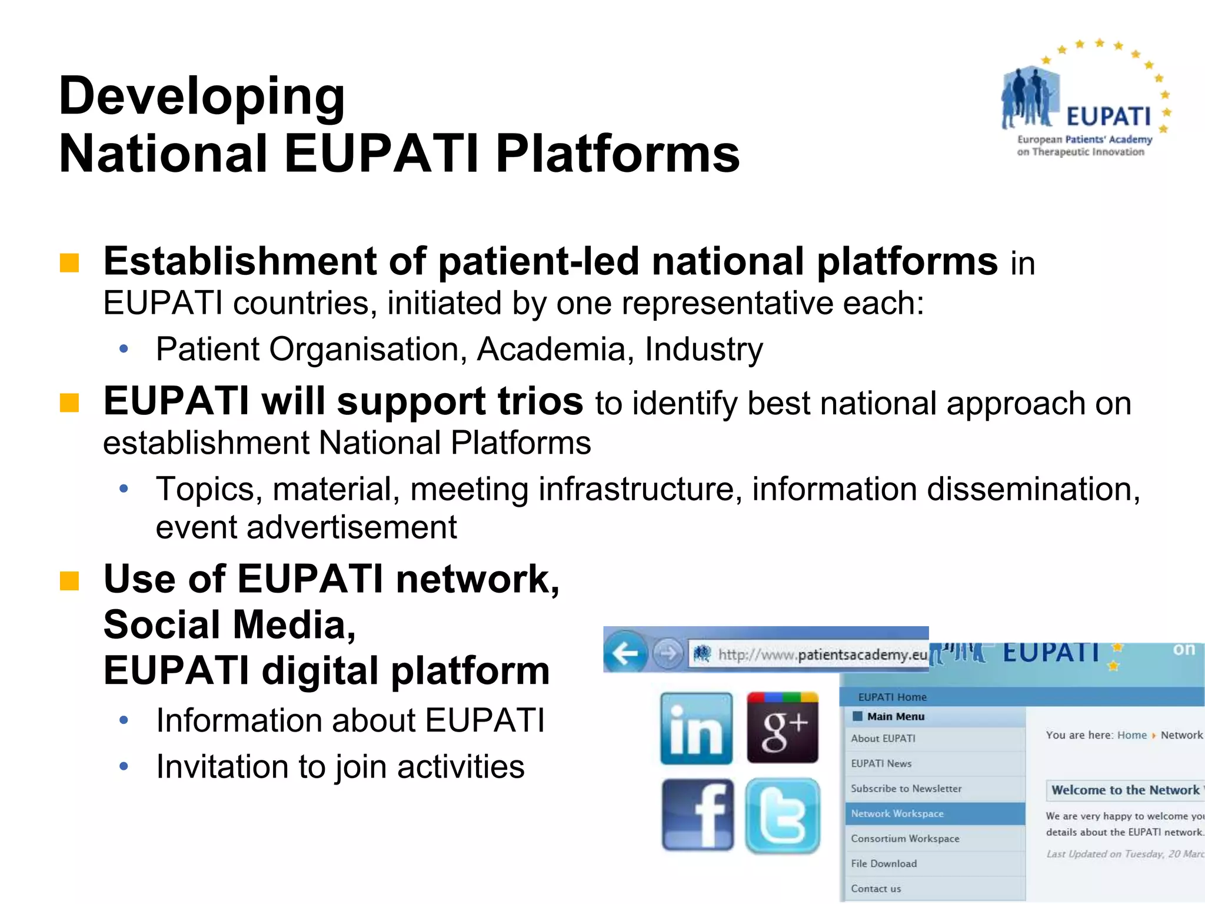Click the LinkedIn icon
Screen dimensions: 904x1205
click(696, 729)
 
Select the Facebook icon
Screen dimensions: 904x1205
click(697, 815)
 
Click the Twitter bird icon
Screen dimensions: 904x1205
click(783, 816)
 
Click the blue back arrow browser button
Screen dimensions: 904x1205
click(625, 652)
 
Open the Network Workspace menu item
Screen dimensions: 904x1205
click(897, 813)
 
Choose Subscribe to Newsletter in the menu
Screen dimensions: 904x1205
click(906, 788)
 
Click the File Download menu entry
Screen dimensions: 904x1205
click(883, 863)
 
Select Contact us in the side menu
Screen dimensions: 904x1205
click(876, 889)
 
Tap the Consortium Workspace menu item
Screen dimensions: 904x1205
click(904, 838)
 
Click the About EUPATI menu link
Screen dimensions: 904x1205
click(883, 738)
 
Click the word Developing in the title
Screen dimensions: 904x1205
click(202, 97)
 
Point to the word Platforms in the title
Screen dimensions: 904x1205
click(617, 154)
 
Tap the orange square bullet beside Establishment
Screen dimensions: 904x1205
click(69, 263)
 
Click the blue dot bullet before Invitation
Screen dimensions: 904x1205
click(124, 766)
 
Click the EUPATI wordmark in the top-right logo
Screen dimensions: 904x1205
click(1108, 117)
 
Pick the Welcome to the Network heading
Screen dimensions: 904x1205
click(1124, 790)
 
